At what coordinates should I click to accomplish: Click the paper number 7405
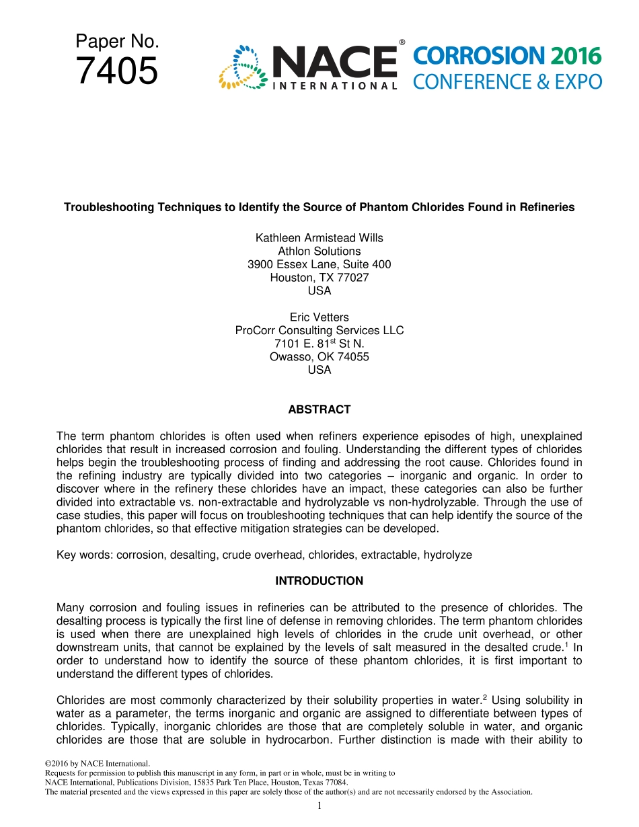(x=117, y=71)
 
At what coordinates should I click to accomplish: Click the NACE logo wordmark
(x=334, y=63)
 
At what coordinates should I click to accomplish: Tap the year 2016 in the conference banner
(x=574, y=56)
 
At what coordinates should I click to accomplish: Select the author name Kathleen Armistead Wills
(x=319, y=238)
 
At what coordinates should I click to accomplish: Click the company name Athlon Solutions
(x=319, y=251)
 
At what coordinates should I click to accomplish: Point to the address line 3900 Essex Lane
(x=319, y=264)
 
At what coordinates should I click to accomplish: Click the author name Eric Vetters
(x=319, y=317)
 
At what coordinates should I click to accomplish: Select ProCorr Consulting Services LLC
(x=319, y=330)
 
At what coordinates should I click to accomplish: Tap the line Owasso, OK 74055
(x=319, y=356)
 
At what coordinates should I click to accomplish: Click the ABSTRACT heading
(x=319, y=409)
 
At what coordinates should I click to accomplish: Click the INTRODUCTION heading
(x=319, y=581)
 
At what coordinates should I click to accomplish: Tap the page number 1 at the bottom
(x=319, y=805)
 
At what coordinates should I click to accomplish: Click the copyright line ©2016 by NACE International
(x=97, y=764)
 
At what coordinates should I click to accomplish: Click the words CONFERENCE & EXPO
(x=507, y=82)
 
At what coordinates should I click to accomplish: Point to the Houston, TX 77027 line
(x=319, y=277)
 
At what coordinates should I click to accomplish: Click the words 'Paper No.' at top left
(x=117, y=42)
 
